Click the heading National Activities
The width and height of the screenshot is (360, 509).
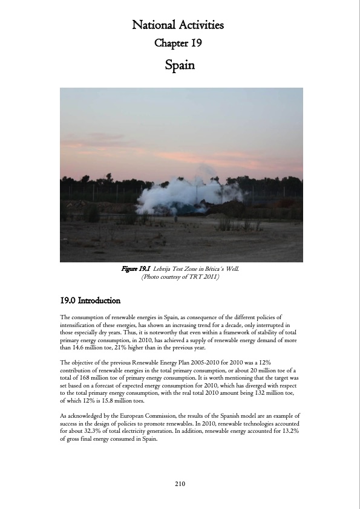click(x=178, y=25)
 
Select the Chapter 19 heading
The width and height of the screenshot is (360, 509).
click(x=178, y=44)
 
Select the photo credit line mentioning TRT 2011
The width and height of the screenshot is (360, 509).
click(x=180, y=277)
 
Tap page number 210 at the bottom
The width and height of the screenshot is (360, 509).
click(x=180, y=484)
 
